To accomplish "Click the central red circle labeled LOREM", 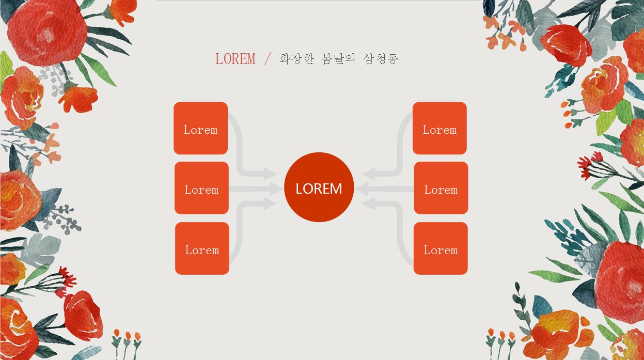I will click(x=319, y=187).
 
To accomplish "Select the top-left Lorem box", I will click(x=200, y=128).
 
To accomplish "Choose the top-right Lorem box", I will click(x=439, y=128).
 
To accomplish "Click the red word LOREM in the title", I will click(x=235, y=59).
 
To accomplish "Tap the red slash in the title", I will click(x=267, y=58).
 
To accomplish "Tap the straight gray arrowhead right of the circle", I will click(x=363, y=189).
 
